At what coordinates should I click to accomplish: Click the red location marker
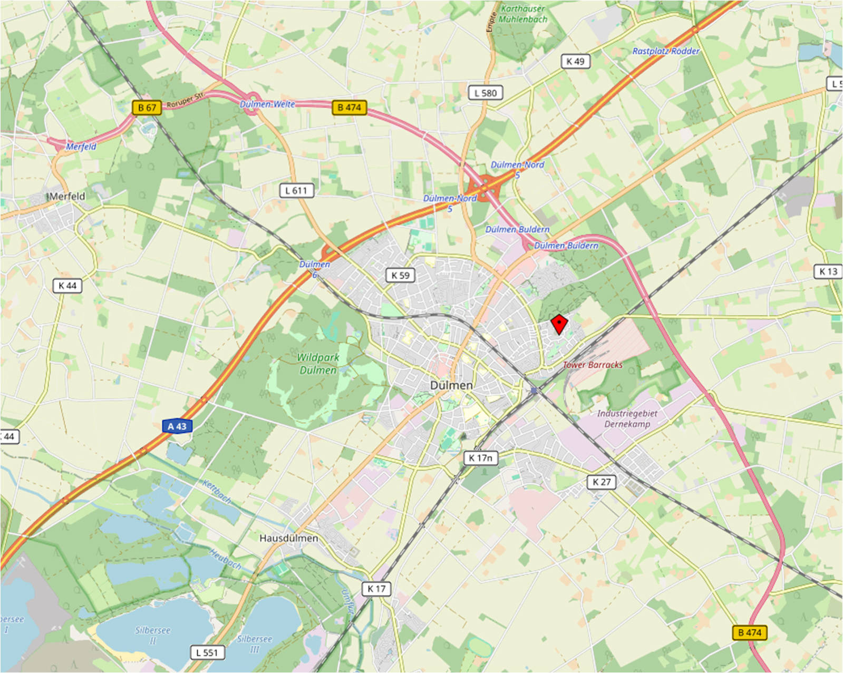point(559,324)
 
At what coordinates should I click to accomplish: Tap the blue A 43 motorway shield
point(177,426)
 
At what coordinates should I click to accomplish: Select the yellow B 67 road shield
point(147,108)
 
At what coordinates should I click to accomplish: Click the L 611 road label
point(296,190)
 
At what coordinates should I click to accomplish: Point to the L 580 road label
point(486,93)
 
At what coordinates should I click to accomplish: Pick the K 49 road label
point(575,61)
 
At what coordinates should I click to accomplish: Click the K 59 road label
point(400,275)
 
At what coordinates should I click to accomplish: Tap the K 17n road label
point(480,458)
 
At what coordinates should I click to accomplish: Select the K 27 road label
point(602,482)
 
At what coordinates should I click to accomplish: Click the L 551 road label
point(207,652)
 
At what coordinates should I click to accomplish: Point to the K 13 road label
point(828,271)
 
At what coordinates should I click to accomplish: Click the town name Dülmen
point(451,385)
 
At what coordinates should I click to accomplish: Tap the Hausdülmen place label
point(288,538)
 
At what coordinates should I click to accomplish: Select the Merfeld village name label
point(67,196)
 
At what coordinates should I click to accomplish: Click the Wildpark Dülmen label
point(318,364)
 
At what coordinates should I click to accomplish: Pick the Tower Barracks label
point(593,365)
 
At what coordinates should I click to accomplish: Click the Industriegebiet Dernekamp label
point(627,418)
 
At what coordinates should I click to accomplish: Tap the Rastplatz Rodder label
point(665,51)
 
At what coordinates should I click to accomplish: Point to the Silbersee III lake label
point(255,643)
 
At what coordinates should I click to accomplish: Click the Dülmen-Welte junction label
point(268,104)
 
